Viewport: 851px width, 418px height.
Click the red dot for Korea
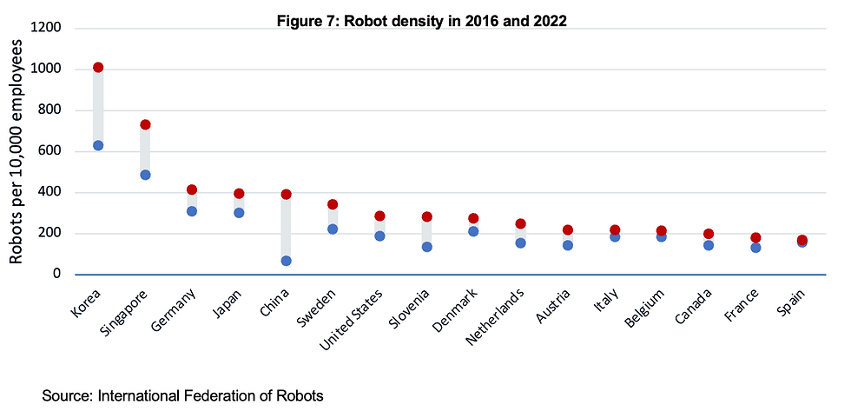tap(98, 68)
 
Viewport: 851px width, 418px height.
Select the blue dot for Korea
tap(98, 145)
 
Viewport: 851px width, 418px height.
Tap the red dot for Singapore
tap(145, 125)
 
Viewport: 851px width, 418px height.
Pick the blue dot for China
tap(286, 261)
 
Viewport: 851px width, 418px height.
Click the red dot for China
tap(286, 195)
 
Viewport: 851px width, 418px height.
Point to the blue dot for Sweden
tap(333, 229)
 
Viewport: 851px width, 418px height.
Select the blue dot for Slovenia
tap(426, 247)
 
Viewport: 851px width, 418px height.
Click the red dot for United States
tap(379, 216)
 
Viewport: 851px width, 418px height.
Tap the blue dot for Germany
tap(192, 211)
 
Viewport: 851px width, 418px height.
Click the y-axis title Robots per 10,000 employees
tap(16, 151)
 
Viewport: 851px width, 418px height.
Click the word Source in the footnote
tap(67, 396)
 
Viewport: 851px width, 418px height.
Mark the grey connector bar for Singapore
tap(145, 149)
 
